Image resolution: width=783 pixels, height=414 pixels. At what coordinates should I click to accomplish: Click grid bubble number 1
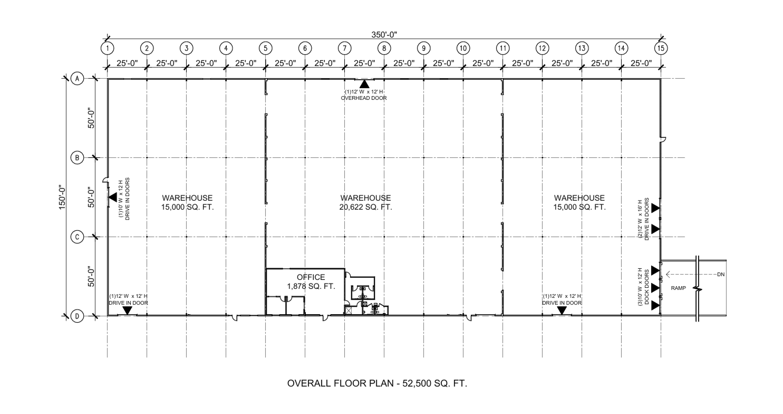108,48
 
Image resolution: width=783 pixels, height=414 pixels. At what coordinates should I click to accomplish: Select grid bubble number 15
661,48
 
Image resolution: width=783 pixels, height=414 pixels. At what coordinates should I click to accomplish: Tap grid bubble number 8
384,48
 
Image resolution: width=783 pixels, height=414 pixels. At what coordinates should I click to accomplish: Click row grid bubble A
77,79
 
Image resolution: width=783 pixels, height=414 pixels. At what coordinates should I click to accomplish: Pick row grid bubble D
77,316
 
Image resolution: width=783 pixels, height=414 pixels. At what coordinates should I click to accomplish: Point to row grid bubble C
77,237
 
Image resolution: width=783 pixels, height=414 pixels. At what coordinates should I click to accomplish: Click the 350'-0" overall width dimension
384,34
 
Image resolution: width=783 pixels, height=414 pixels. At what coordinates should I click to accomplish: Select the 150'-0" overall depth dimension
63,197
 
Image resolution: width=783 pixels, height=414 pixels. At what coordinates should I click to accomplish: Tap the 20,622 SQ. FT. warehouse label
365,207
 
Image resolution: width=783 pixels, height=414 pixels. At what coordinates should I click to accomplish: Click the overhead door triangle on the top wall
364,83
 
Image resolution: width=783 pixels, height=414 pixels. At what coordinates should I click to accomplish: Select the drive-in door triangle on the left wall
113,197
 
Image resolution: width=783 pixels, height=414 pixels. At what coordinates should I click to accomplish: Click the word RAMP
678,289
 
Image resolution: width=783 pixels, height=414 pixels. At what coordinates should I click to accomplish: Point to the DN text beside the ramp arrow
721,275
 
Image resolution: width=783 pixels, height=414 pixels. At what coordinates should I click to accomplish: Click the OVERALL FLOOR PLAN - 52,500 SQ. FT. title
376,383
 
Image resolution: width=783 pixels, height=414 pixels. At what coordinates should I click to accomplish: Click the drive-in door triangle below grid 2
127,310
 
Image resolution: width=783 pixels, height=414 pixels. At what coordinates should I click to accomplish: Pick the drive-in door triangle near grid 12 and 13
562,310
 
